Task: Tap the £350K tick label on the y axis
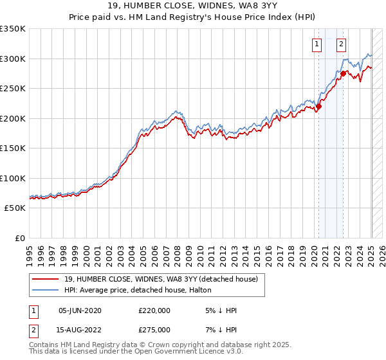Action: pos(12,29)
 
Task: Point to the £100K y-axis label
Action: pos(12,178)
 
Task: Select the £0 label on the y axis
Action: pos(19,238)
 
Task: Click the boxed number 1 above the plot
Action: pos(318,44)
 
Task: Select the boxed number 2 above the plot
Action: pos(340,44)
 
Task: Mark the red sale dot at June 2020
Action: pos(318,107)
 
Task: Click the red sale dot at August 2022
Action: pos(344,74)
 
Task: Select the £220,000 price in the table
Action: pos(154,310)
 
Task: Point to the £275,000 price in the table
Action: pos(154,330)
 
